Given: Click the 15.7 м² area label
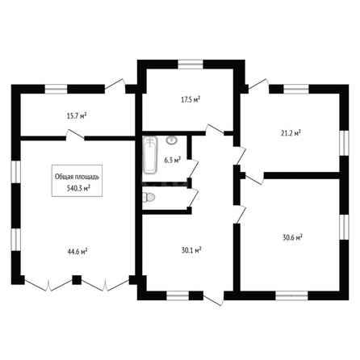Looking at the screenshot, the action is pos(77,116).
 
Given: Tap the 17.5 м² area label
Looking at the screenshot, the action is pos(190,99).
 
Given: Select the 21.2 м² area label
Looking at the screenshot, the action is pos(291,133).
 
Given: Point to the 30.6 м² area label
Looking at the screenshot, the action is pos(293,237).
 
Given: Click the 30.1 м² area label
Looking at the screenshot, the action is pos(191,250).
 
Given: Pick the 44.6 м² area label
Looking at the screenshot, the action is pos(77,252).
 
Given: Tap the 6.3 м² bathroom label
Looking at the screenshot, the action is pos(173,161).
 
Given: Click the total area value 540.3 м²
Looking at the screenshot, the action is pos(78,188).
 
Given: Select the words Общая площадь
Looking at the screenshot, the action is pos(77,177).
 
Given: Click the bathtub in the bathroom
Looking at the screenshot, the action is pos(150,155).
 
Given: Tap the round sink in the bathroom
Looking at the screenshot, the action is pos(171,140).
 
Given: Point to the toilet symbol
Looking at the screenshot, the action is pos(149,197).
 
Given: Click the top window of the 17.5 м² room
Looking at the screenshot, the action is pos(190,65).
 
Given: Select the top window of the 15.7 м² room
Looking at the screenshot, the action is pos(56,89).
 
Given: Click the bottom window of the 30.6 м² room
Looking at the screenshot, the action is pos(292,295).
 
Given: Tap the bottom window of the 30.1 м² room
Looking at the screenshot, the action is pos(178,295).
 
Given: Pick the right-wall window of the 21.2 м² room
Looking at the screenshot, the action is pos(344,143).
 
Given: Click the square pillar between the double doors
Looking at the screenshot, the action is pos(77,280).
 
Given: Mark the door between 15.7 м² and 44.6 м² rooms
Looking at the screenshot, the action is pos(75,135).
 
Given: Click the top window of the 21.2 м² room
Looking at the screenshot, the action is pos(296,89).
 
